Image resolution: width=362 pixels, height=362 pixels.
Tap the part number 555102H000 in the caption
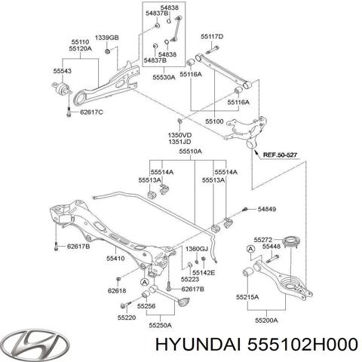coord(302,345)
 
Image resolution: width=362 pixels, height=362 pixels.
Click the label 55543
coord(62,71)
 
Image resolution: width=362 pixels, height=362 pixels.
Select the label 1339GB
coord(107,38)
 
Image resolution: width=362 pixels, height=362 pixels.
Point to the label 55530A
coord(164,77)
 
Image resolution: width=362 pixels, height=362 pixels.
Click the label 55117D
coord(212,37)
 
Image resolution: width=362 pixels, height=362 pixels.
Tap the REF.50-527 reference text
coord(280,155)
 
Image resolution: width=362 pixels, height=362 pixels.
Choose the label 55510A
coord(190,152)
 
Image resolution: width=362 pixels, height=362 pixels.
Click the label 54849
coord(266,209)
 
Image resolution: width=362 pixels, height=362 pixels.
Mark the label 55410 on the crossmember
coord(115,258)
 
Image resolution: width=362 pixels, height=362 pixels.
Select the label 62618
coord(117,290)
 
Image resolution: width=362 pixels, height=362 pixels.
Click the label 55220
coord(127,318)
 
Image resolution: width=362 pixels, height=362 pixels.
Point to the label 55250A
coord(161,325)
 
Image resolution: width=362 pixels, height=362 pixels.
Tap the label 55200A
coord(266,321)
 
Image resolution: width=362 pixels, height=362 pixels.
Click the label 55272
coord(263,240)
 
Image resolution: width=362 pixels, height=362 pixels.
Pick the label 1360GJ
coord(197,249)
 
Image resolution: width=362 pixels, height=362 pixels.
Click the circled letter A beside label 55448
coord(250,249)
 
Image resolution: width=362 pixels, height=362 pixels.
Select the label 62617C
coord(91,112)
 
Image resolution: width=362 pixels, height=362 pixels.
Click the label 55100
coord(214,121)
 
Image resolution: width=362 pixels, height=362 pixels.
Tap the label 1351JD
coord(179,142)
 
